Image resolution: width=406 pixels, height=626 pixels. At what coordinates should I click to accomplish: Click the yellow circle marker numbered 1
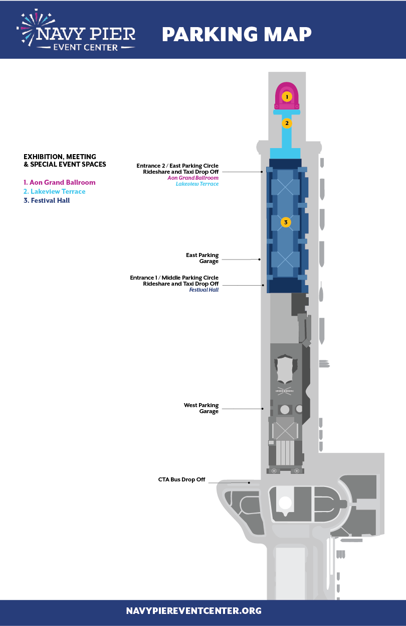click(287, 97)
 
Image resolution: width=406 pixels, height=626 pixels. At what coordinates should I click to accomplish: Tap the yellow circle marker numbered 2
click(287, 123)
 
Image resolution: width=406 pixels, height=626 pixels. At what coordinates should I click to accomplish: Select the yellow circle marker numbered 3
click(286, 222)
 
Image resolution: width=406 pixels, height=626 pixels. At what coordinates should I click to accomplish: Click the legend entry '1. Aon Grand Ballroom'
click(60, 183)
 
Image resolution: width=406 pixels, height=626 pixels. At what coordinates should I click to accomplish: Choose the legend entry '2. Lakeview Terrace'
click(55, 191)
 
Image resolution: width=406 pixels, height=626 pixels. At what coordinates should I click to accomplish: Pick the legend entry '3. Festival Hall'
click(47, 200)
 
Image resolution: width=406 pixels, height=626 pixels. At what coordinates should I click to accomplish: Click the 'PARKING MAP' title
click(237, 34)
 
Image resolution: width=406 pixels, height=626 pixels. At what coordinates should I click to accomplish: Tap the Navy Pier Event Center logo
click(76, 30)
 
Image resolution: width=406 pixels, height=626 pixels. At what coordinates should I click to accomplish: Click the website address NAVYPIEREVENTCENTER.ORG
click(193, 610)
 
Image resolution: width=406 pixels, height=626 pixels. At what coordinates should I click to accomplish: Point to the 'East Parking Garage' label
click(202, 258)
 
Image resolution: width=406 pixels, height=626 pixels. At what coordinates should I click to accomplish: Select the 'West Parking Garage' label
click(201, 408)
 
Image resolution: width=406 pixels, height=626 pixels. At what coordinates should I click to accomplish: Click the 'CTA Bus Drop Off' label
click(181, 479)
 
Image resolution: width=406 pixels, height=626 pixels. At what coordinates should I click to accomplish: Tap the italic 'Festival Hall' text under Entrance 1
click(204, 290)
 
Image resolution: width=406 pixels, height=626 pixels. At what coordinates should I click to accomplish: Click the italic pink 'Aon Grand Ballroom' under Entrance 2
click(193, 178)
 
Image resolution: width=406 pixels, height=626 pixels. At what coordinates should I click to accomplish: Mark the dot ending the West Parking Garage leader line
click(263, 409)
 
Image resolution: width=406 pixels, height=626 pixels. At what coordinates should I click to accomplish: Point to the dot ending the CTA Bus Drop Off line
click(249, 482)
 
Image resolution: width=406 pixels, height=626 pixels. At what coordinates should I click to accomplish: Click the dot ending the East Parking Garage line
click(260, 260)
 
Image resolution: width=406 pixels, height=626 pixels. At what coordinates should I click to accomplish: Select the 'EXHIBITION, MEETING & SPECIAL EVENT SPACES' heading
click(65, 161)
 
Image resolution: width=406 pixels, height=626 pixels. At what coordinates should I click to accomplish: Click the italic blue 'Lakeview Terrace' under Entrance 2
click(197, 184)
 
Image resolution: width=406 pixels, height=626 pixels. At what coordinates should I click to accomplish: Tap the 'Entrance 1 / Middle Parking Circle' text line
click(174, 278)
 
